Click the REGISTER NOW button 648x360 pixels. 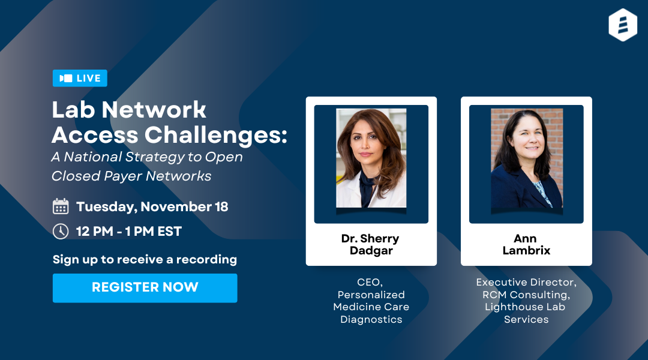(x=145, y=287)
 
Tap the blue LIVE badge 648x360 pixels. (x=80, y=78)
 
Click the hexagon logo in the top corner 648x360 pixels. (x=622, y=25)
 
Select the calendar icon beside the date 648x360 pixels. (x=61, y=207)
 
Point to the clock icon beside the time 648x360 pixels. (x=61, y=231)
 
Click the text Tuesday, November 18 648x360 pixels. (x=152, y=207)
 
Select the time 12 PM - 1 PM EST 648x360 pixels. (x=129, y=231)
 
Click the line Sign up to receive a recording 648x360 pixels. (x=145, y=259)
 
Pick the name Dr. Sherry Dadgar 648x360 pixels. (x=370, y=244)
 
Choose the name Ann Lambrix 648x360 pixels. (x=526, y=244)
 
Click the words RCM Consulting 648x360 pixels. (x=526, y=295)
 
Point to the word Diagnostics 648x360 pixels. (x=371, y=319)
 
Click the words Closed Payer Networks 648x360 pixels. (x=131, y=176)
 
